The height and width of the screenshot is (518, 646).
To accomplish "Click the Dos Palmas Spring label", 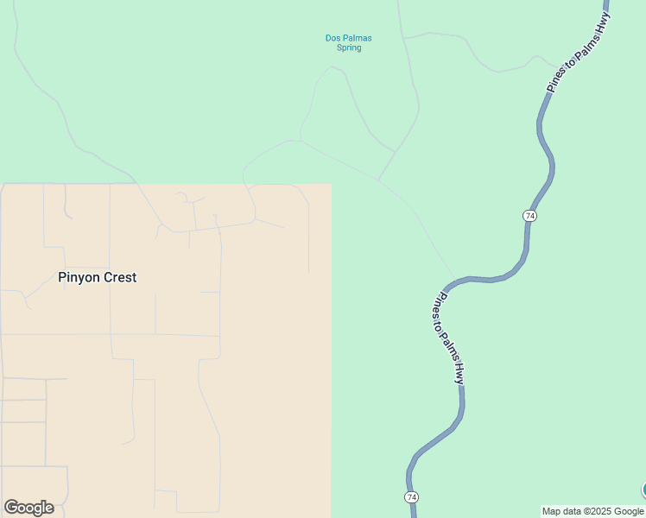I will point(348,42).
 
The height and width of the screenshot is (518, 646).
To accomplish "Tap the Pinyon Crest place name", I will point(97,277).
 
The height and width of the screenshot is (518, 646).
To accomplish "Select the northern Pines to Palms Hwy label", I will point(579,47).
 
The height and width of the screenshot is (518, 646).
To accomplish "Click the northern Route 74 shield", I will point(529,215).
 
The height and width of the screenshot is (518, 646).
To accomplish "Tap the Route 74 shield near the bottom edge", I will point(411,497).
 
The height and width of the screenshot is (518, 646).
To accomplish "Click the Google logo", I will point(28,508).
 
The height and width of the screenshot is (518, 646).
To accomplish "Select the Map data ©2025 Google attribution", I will point(593,511).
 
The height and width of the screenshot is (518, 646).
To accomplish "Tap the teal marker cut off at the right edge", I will point(643,490).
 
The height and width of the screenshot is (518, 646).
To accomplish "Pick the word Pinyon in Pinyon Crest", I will point(79,277).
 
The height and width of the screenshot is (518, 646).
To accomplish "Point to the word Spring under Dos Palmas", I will point(349,48).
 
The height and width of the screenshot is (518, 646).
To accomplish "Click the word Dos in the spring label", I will point(332,38).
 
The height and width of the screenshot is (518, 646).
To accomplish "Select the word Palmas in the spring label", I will point(357,38).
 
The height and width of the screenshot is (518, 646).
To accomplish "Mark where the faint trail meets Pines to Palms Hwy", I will point(455,281).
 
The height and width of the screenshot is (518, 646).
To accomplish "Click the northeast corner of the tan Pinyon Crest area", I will point(331,184).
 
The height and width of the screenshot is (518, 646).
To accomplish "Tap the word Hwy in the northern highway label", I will point(601,17).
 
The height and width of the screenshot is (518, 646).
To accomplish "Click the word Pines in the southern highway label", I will point(439,304).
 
